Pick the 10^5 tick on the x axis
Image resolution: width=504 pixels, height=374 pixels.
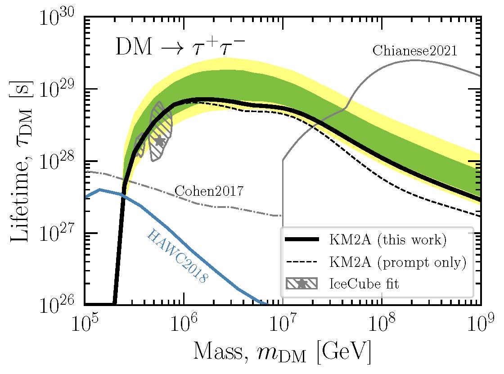[85, 325]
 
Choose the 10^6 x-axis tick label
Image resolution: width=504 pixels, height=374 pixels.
[184, 325]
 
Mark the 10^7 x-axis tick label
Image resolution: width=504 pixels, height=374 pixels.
[283, 325]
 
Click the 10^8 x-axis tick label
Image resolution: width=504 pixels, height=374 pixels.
[382, 325]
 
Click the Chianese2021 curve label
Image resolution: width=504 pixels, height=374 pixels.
[414, 50]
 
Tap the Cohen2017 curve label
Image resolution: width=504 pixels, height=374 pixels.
[209, 191]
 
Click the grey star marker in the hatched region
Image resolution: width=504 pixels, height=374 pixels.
[160, 140]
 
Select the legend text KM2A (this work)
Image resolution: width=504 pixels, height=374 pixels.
[387, 240]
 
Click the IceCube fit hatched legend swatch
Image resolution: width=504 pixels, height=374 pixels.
[301, 284]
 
